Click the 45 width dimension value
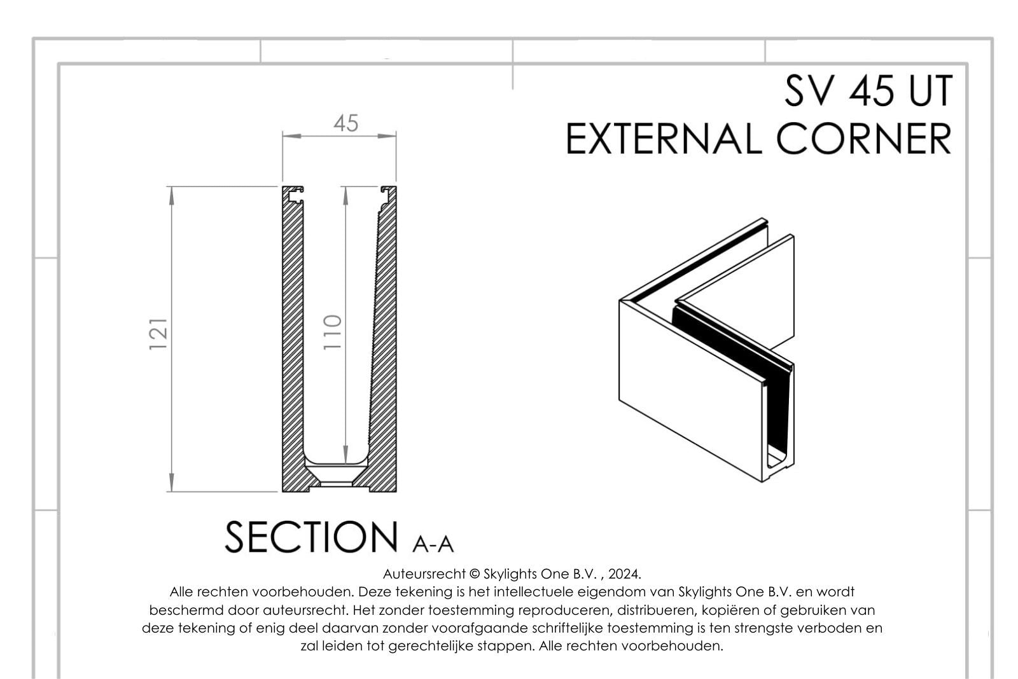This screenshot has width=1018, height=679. tap(346, 123)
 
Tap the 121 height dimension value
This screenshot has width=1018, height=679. tap(158, 334)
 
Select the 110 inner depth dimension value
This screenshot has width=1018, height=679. tap(332, 332)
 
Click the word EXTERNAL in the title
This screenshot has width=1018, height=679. tap(664, 139)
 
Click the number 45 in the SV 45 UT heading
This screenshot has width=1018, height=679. tap(871, 91)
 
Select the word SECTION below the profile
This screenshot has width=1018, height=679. tap(311, 537)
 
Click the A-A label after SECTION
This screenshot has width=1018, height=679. tap(433, 544)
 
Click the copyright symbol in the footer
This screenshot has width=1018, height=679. tap(475, 574)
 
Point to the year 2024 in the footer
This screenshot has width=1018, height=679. tap(624, 574)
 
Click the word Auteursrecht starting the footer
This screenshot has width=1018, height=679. tap(424, 574)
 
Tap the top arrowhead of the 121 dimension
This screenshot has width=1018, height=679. tap(171, 195)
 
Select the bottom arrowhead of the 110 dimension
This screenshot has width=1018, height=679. tap(345, 455)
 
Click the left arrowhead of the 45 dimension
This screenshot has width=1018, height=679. tap(292, 136)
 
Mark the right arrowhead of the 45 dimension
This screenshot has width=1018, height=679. tap(387, 136)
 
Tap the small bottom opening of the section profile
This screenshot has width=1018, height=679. tap(337, 484)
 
